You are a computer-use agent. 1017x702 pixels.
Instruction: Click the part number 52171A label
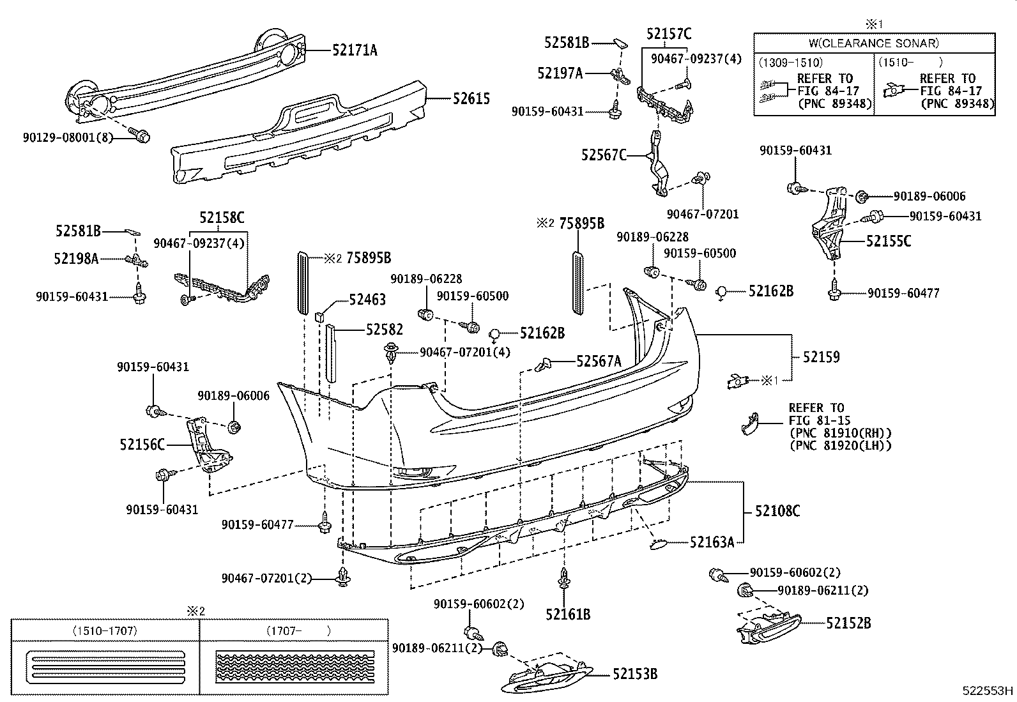pyautogui.click(x=355, y=50)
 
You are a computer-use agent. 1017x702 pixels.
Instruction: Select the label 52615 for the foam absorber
pyautogui.click(x=471, y=98)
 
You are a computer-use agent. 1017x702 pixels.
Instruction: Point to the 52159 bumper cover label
pyautogui.click(x=821, y=357)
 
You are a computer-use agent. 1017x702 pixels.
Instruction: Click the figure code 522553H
pyautogui.click(x=988, y=691)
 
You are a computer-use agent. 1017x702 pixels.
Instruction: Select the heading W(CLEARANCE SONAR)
pyautogui.click(x=874, y=43)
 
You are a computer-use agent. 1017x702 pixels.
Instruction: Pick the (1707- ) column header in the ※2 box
pyautogui.click(x=298, y=631)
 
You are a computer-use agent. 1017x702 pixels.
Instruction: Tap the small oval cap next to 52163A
pyautogui.click(x=658, y=544)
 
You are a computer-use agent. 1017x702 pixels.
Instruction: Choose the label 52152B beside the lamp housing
pyautogui.click(x=848, y=622)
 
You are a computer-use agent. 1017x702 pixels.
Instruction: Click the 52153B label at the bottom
pyautogui.click(x=635, y=673)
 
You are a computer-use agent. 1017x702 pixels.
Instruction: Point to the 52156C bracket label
pyautogui.click(x=142, y=444)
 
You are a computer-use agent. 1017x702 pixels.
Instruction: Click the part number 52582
pyautogui.click(x=384, y=330)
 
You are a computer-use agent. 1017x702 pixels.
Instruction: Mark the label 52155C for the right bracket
pyautogui.click(x=889, y=241)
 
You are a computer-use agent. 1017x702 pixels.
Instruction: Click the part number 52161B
pyautogui.click(x=568, y=614)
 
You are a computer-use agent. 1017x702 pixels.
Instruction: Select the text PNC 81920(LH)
pyautogui.click(x=840, y=446)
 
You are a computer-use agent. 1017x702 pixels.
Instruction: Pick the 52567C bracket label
pyautogui.click(x=604, y=155)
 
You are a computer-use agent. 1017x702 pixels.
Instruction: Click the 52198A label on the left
pyautogui.click(x=77, y=259)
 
